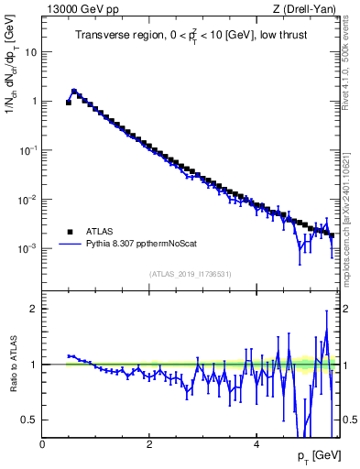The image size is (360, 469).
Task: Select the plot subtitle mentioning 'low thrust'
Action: tap(185, 36)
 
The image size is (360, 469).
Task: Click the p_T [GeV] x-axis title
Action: tap(315, 455)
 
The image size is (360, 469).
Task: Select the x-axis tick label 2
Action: tap(149, 444)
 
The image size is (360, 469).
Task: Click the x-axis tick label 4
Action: tap(256, 444)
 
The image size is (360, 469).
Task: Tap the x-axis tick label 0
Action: tap(42, 444)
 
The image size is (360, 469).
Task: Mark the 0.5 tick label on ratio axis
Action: tap(30, 420)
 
